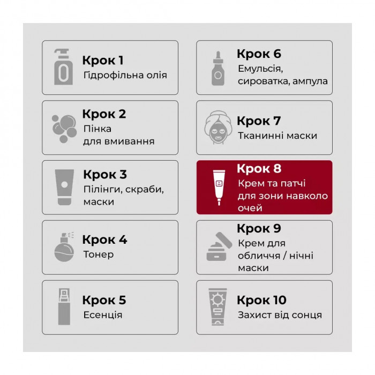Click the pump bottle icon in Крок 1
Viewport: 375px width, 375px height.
pos(63,67)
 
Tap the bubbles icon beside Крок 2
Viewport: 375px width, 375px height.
pos(64,129)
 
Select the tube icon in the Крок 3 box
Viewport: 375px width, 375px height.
pos(64,187)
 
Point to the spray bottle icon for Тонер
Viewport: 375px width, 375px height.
pos(64,247)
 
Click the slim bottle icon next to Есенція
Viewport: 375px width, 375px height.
pos(64,307)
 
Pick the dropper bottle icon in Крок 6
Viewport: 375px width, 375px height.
pos(218,69)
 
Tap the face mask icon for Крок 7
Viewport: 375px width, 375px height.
pos(218,127)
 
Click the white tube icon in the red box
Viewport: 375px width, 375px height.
pos(219,187)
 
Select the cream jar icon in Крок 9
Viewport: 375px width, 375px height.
pos(219,246)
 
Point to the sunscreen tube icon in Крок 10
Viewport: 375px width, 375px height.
pos(217,307)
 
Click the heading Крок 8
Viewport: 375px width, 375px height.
pos(259,169)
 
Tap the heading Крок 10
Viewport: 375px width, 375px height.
pos(261,300)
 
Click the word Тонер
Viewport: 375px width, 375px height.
pos(98,254)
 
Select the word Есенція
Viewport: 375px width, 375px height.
pos(103,315)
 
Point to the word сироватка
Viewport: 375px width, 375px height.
pos(264,81)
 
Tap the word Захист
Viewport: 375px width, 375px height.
pos(254,315)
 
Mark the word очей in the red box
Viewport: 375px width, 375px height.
pos(250,208)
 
